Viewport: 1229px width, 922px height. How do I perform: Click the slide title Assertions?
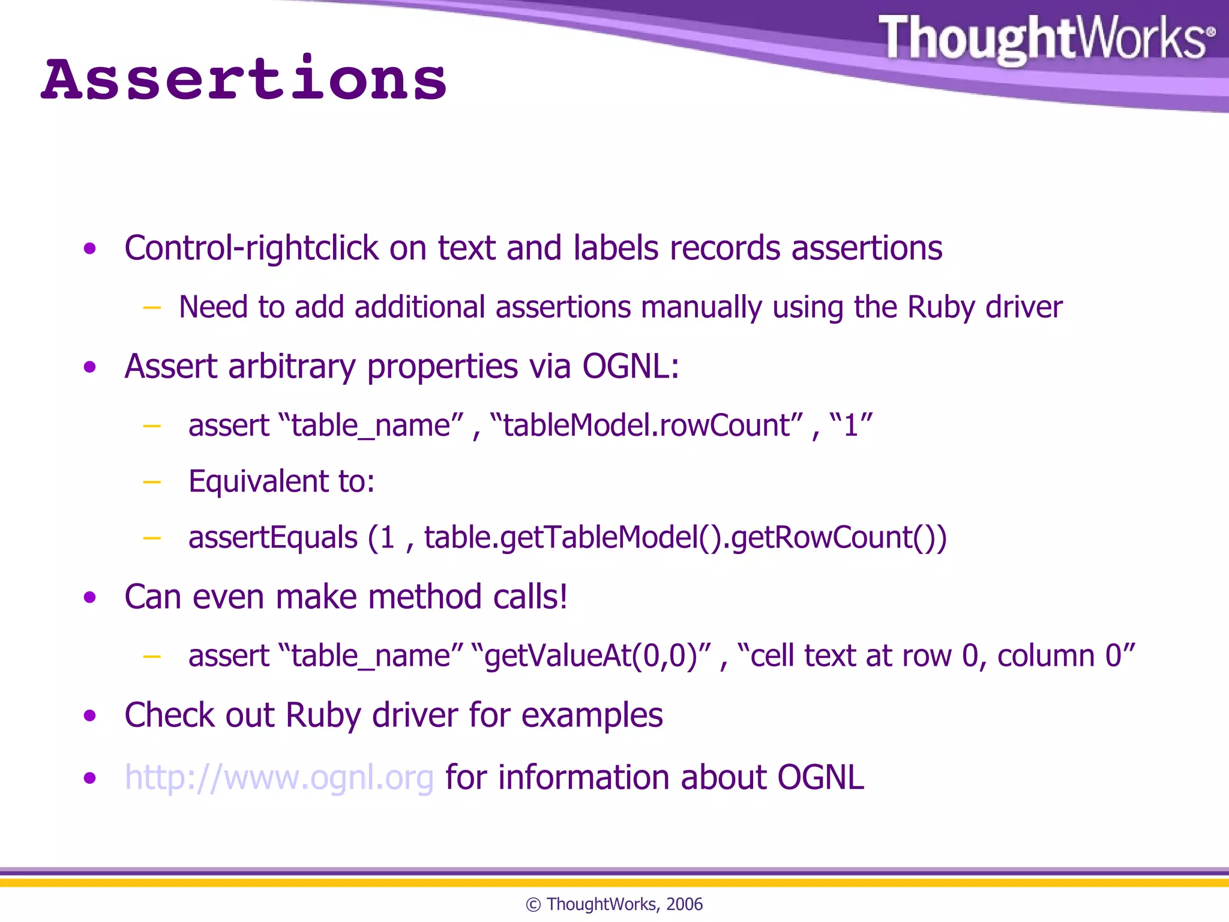pyautogui.click(x=244, y=80)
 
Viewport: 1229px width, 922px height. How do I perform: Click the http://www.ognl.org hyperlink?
pyautogui.click(x=279, y=777)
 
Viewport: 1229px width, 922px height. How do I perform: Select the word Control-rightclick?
pyautogui.click(x=251, y=248)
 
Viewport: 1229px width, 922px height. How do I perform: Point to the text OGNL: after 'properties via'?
pyautogui.click(x=630, y=366)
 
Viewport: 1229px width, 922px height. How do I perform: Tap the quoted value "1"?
pyautogui.click(x=850, y=426)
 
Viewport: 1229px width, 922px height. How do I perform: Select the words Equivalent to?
pyautogui.click(x=281, y=481)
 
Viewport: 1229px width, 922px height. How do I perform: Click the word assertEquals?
pyautogui.click(x=273, y=537)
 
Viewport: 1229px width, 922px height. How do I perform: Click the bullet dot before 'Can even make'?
pyautogui.click(x=90, y=597)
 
